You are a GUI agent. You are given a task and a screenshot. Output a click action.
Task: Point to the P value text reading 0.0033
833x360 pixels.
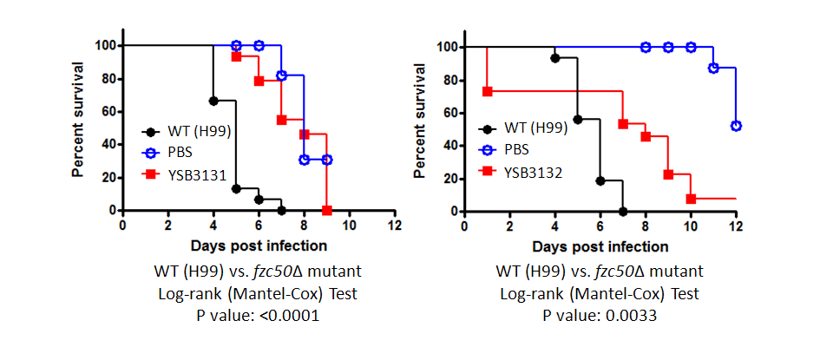[600, 317]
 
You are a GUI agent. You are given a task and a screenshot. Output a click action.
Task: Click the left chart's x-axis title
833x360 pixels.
[259, 246]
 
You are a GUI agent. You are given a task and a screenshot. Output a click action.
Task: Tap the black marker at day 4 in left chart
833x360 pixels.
[213, 101]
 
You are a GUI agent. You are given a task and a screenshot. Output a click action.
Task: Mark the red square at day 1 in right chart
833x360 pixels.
[488, 91]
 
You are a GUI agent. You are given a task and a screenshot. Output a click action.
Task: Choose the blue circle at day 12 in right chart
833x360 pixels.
[736, 126]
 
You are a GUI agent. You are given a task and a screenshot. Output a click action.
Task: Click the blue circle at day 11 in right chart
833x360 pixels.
[713, 68]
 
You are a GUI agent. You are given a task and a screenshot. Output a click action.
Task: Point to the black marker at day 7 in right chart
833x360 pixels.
[622, 211]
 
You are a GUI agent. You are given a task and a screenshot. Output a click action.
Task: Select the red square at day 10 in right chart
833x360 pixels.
[691, 199]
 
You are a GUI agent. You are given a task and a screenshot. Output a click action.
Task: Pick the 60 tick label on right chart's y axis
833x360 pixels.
[448, 112]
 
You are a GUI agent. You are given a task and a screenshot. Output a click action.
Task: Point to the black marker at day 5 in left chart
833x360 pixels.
[236, 188]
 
